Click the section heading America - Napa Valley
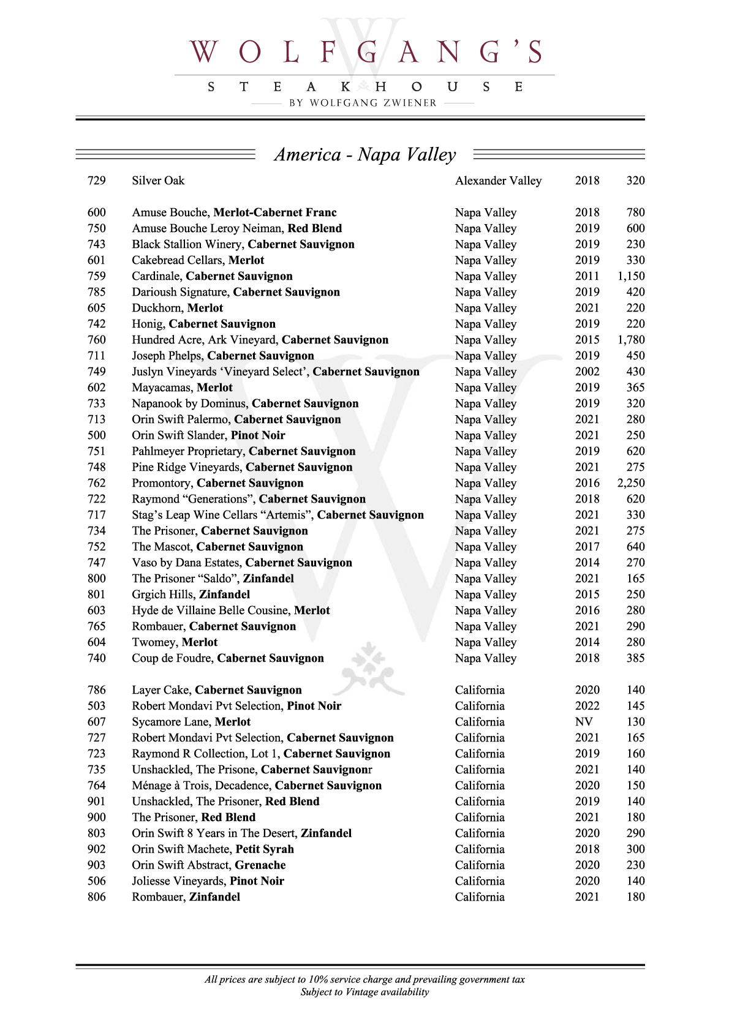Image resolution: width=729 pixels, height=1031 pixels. pyautogui.click(x=365, y=154)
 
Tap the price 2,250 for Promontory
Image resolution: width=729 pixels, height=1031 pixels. pyautogui.click(x=630, y=483)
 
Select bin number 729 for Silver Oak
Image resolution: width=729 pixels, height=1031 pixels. pyautogui.click(x=97, y=181)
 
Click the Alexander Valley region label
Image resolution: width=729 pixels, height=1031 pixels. pyautogui.click(x=498, y=181)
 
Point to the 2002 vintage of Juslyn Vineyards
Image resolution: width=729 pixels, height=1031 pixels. pyautogui.click(x=587, y=372)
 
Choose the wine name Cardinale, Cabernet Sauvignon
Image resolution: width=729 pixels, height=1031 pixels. pyautogui.click(x=212, y=276)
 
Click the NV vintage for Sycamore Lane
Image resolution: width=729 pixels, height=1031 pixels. pyautogui.click(x=584, y=722)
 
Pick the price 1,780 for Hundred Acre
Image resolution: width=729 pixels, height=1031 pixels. pyautogui.click(x=630, y=340)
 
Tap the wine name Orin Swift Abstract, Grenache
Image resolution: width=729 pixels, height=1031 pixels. pyautogui.click(x=208, y=865)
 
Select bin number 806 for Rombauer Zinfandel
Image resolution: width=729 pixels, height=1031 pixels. pyautogui.click(x=97, y=897)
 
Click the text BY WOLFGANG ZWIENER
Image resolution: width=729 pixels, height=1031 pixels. pyautogui.click(x=363, y=103)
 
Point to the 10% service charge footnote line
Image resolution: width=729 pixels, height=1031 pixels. pyautogui.click(x=364, y=980)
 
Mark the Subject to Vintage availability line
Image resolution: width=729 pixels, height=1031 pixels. pyautogui.click(x=364, y=992)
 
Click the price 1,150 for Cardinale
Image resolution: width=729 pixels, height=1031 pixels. pyautogui.click(x=630, y=276)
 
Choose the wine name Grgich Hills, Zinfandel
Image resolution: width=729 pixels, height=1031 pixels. pyautogui.click(x=191, y=594)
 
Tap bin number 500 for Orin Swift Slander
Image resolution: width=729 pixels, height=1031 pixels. pyautogui.click(x=97, y=435)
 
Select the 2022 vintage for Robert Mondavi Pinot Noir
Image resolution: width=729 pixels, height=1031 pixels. pyautogui.click(x=587, y=706)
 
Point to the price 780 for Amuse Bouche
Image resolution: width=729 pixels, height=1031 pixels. pyautogui.click(x=635, y=212)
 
